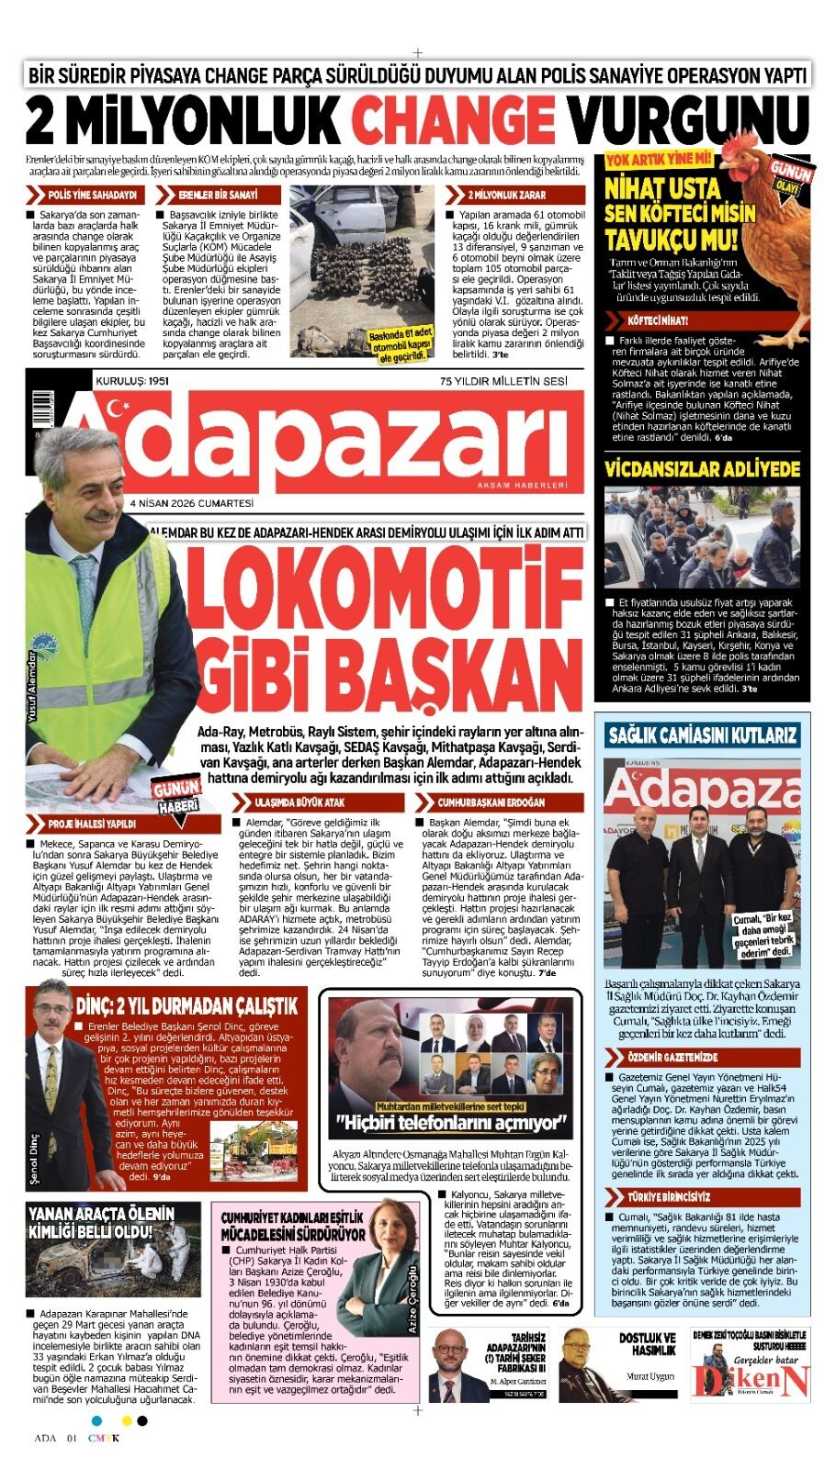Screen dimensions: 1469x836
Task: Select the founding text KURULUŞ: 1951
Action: point(132,380)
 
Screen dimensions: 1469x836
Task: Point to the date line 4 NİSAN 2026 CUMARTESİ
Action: point(191,503)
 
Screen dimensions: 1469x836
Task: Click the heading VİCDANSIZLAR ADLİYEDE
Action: point(702,469)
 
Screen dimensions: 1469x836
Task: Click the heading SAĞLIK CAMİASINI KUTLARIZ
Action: point(701,735)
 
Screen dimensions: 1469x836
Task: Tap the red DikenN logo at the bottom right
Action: point(751,1380)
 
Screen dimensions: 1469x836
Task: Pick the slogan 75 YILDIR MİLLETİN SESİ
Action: point(503,380)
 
